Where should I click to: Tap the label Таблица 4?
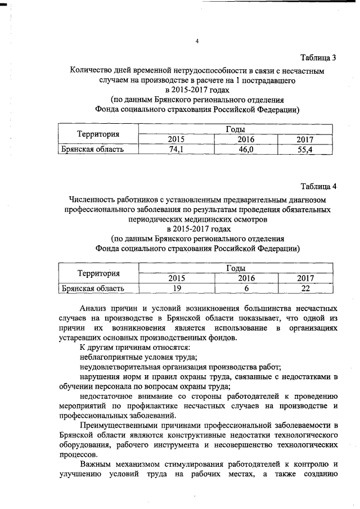coord(318,186)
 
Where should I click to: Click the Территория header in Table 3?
coord(99,134)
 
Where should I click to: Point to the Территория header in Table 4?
coord(99,274)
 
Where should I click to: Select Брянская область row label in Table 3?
coord(92,149)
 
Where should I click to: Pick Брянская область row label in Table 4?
coord(92,289)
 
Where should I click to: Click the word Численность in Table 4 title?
coord(93,199)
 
